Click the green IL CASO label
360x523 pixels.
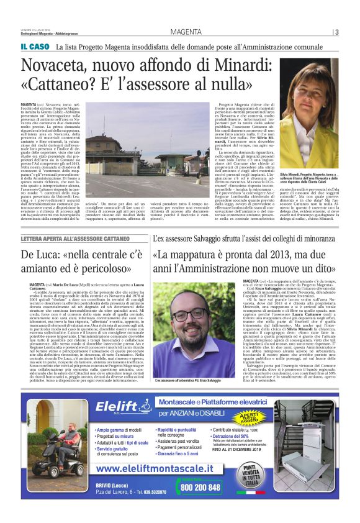(x=35, y=47)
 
